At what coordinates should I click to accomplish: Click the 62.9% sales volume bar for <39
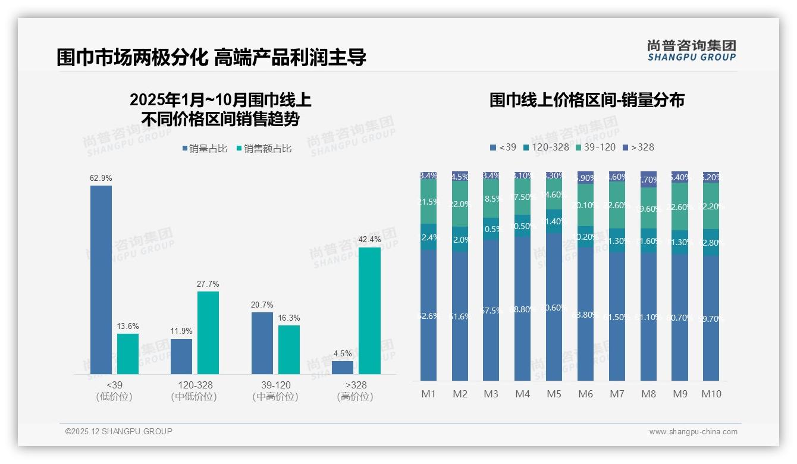click(x=101, y=280)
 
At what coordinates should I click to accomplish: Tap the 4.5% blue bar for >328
click(x=343, y=368)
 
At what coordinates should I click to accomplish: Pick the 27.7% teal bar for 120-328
click(x=208, y=333)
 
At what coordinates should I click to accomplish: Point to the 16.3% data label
click(x=289, y=318)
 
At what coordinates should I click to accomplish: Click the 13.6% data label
click(x=128, y=326)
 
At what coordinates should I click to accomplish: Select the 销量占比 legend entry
click(x=205, y=149)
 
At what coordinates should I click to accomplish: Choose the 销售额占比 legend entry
click(x=264, y=149)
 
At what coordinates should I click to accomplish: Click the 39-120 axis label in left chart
click(x=275, y=385)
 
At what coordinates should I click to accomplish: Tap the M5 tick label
click(x=554, y=394)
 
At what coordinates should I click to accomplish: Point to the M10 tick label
click(x=711, y=394)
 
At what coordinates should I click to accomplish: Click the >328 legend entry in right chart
click(x=638, y=147)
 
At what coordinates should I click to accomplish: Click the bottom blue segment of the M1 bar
click(x=428, y=315)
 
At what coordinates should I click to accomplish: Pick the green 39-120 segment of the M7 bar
click(x=617, y=205)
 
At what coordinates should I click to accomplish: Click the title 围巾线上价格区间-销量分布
click(x=586, y=100)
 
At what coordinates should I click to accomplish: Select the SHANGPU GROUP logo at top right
click(x=691, y=51)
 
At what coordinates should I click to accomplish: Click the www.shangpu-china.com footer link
click(x=693, y=432)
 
